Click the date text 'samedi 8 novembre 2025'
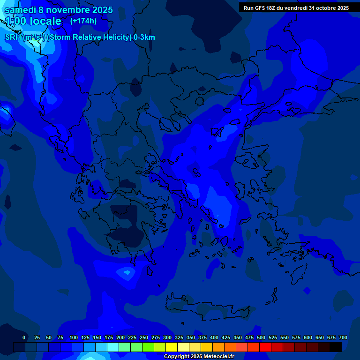click(59, 9)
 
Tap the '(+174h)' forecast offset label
click(83, 21)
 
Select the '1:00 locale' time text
click(33, 21)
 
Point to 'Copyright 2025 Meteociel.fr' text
click(199, 356)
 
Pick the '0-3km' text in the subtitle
click(144, 37)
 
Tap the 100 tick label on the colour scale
click(74, 337)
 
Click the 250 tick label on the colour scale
click(144, 337)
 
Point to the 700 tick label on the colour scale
click(343, 337)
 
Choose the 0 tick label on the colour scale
click(24, 337)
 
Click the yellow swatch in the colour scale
click(172, 347)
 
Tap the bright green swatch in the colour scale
click(149, 347)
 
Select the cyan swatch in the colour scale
click(113, 347)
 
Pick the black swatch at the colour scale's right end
click(336, 347)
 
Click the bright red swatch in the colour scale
click(265, 347)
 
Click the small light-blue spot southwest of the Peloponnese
click(126, 271)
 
